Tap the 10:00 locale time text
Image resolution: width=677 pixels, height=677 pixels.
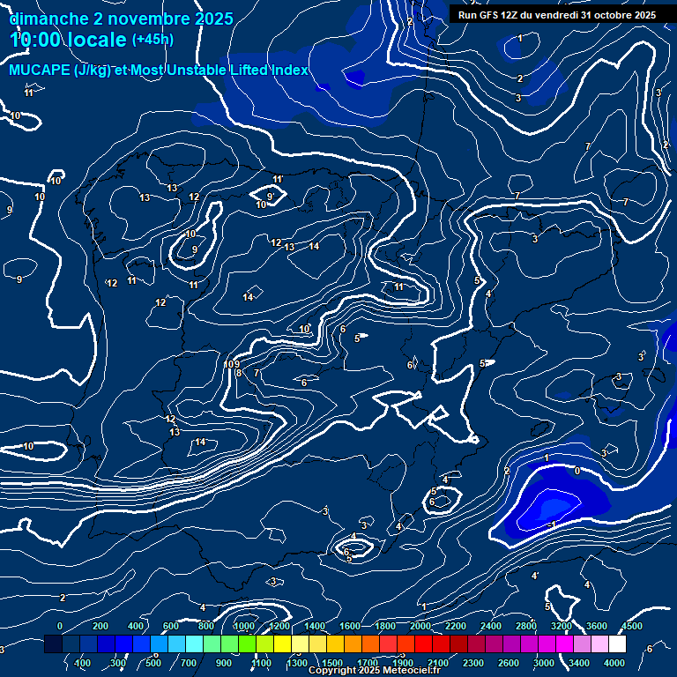click(69, 40)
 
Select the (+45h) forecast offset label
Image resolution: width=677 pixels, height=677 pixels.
click(153, 40)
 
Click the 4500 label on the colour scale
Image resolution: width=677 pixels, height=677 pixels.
click(631, 626)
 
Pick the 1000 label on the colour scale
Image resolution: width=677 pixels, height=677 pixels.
click(244, 626)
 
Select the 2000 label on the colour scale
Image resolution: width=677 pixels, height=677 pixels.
click(420, 626)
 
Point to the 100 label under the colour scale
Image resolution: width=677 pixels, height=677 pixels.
click(83, 663)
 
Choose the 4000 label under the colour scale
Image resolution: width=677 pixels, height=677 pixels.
click(614, 663)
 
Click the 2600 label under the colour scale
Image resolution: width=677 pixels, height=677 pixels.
click(509, 663)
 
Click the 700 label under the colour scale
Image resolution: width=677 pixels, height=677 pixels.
click(190, 663)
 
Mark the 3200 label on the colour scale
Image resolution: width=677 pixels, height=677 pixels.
click(562, 626)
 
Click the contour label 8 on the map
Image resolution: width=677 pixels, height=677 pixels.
click(239, 373)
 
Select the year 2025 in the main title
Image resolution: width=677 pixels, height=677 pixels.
click(214, 18)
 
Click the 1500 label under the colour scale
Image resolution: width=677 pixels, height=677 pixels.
click(331, 663)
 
